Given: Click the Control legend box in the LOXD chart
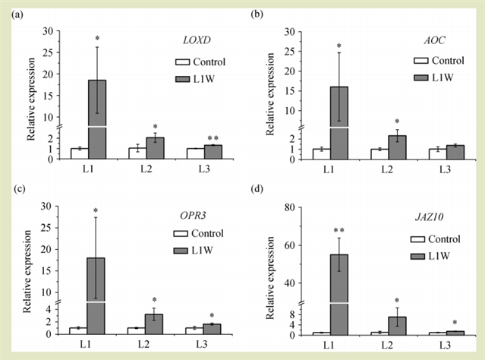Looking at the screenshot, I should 183,62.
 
